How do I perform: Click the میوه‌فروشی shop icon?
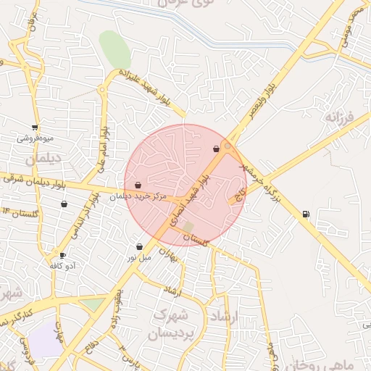click(x=35, y=127)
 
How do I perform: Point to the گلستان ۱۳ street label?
click(x=20, y=213)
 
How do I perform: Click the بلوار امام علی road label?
click(x=102, y=149)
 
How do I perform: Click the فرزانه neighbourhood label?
click(x=338, y=117)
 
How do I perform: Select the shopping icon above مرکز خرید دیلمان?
click(x=138, y=185)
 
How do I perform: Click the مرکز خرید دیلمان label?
click(x=138, y=196)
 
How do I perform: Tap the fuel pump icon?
click(x=305, y=214)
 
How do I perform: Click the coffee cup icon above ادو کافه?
click(x=62, y=255)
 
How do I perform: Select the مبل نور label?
click(x=139, y=257)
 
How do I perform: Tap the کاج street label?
click(x=239, y=194)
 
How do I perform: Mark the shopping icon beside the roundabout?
click(x=216, y=149)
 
